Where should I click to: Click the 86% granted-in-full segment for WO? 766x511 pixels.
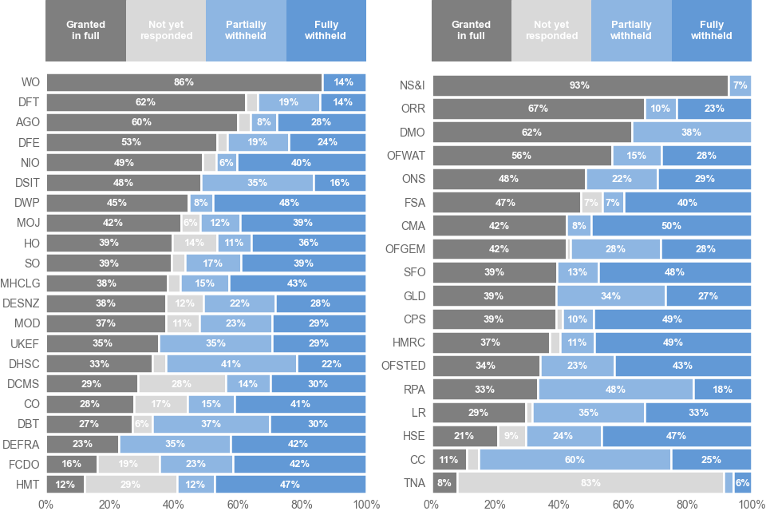point(184,82)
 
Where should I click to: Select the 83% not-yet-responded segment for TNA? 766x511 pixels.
point(590,482)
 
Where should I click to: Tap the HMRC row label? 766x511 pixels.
point(409,343)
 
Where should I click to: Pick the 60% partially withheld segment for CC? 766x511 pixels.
point(575,459)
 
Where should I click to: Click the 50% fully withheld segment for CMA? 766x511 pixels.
point(671,225)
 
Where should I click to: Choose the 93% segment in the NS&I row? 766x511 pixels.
point(579,85)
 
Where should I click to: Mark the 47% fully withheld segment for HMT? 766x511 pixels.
point(290,484)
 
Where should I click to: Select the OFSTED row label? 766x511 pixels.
point(404,366)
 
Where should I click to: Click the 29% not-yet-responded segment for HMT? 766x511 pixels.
point(131,484)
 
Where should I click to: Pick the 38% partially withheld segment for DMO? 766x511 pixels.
point(691,132)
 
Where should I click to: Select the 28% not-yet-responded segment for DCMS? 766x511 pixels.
point(182,383)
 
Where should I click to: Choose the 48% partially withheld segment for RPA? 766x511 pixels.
point(615,390)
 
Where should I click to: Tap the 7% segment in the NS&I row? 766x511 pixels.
point(740,85)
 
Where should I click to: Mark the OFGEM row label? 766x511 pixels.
point(405,249)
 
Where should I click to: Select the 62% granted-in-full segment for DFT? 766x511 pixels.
point(146,102)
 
